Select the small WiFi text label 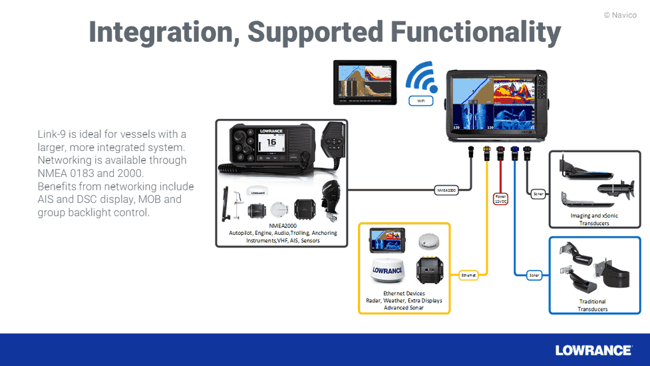420,101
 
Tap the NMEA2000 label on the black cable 446,190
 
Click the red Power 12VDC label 501,198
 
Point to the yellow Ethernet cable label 469,274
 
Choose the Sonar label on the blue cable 534,274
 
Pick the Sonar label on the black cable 538,194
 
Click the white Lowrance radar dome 387,271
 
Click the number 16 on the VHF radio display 271,142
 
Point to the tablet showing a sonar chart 365,83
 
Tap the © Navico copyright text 620,14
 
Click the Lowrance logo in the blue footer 593,350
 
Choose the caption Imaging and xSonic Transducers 590,220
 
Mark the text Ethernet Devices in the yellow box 404,293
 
